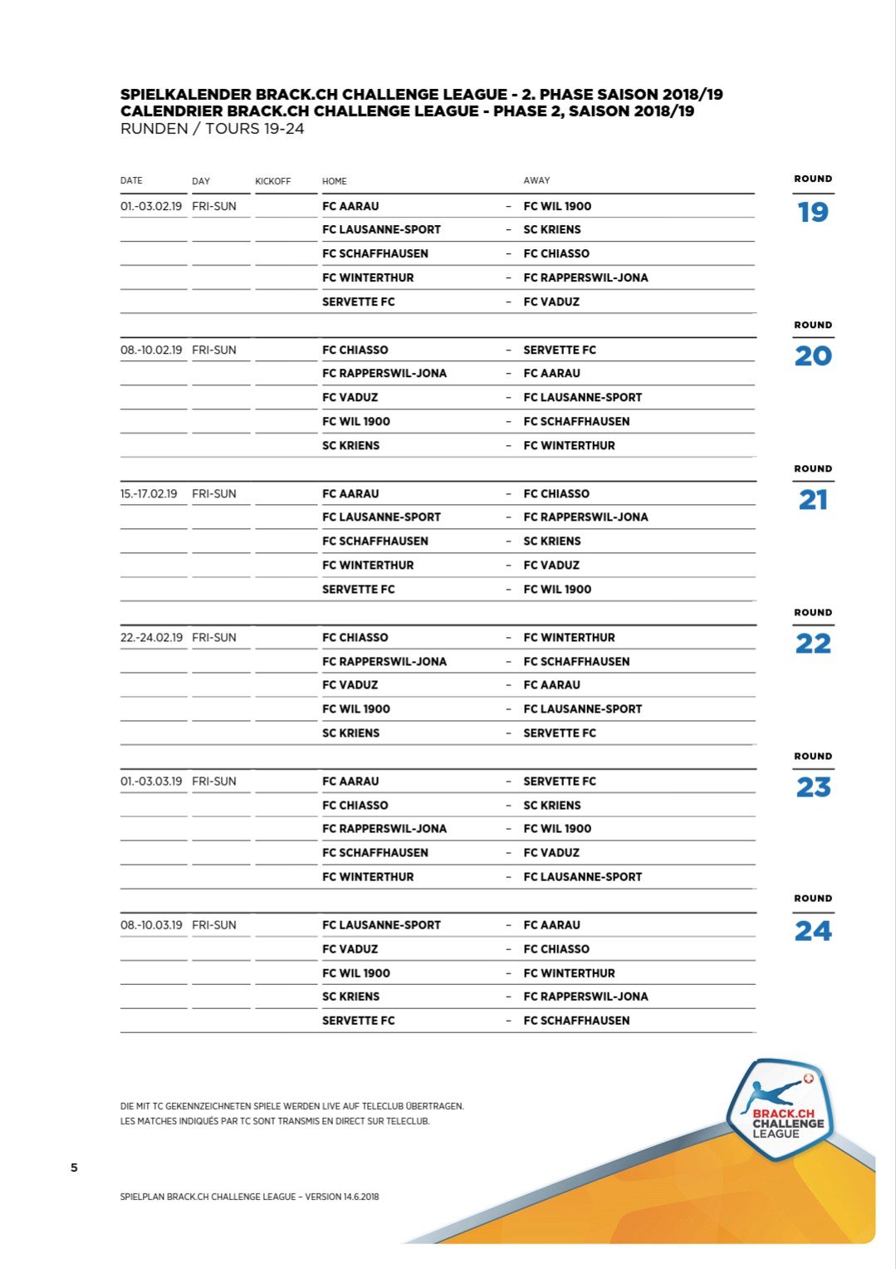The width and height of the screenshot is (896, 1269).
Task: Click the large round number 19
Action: [x=813, y=213]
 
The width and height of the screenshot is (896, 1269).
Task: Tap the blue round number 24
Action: [x=813, y=931]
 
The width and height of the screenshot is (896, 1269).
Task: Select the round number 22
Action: [x=813, y=644]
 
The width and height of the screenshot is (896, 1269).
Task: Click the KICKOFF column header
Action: [x=273, y=181]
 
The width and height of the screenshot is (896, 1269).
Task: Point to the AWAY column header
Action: [x=536, y=180]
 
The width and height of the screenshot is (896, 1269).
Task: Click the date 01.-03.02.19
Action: [x=151, y=206]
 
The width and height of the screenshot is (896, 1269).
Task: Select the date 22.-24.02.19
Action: [x=151, y=637]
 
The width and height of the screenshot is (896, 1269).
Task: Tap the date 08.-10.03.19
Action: [x=151, y=924]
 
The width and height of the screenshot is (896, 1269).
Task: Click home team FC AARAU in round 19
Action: [x=350, y=206]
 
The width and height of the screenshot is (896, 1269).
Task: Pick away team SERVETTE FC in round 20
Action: [x=560, y=350]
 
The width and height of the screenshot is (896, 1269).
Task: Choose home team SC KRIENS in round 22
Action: [x=350, y=732]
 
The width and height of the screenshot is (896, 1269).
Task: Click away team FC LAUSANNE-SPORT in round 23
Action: [x=582, y=876]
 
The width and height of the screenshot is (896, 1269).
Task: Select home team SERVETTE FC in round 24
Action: [x=358, y=1020]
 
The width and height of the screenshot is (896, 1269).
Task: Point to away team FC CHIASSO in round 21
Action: [x=556, y=493]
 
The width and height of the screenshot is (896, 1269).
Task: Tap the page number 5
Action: [x=74, y=1168]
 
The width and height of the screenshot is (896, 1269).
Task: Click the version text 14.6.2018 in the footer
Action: [x=361, y=1197]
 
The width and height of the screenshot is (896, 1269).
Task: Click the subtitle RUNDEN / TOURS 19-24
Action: [x=212, y=129]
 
